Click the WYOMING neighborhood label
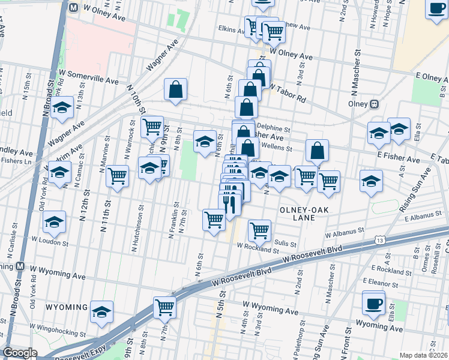67,307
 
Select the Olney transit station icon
374,103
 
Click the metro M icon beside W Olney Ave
73,8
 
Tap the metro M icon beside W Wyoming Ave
20,266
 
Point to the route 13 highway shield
379,239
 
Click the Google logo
20,353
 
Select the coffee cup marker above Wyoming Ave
373,303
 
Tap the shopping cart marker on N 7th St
164,308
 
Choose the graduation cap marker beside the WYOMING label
103,311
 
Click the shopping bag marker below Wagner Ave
175,90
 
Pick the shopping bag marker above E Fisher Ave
317,151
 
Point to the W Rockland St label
258,248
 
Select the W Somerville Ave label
89,76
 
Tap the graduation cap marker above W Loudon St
55,223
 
